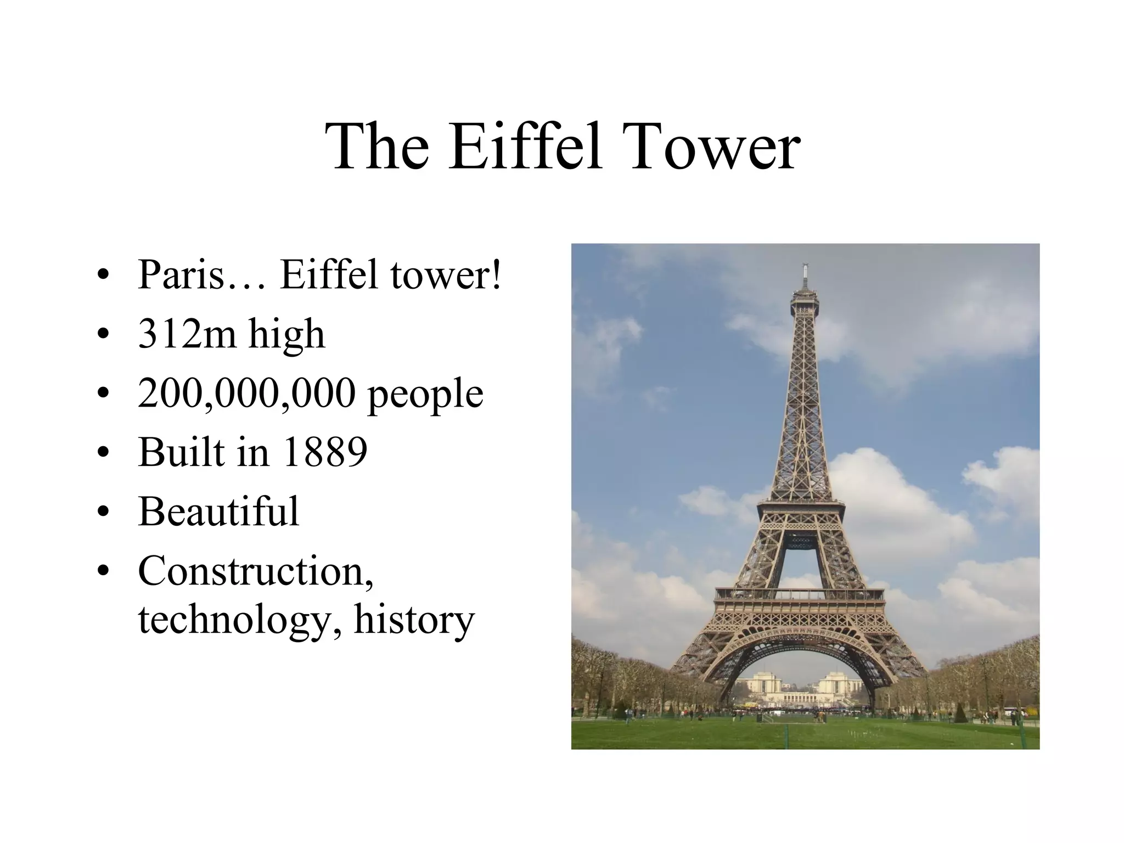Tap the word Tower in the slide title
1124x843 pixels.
(x=713, y=147)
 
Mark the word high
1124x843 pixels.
(x=286, y=335)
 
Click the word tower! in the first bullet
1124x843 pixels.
(x=446, y=274)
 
